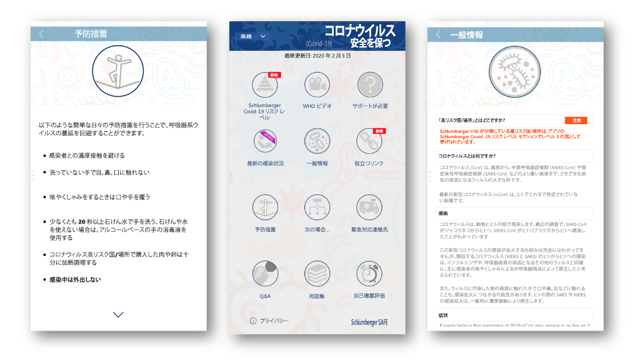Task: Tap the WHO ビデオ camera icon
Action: click(317, 85)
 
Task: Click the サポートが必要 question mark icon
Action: click(369, 85)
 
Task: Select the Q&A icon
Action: click(265, 273)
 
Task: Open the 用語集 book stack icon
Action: click(317, 273)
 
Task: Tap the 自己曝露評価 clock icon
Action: click(369, 273)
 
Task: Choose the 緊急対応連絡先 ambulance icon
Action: click(369, 207)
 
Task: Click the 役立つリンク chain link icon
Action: click(369, 141)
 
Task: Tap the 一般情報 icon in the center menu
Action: click(317, 141)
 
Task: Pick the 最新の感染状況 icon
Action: click(265, 141)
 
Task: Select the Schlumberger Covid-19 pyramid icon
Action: click(265, 85)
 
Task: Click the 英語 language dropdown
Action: click(252, 36)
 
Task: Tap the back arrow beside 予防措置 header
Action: click(41, 34)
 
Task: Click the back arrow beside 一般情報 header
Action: click(438, 35)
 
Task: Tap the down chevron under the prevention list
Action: click(118, 314)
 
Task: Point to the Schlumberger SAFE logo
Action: click(369, 322)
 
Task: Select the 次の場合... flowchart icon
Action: click(317, 207)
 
